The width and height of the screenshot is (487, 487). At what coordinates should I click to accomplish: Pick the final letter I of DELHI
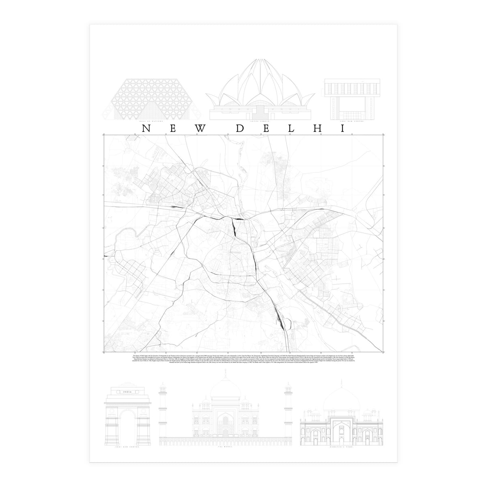click(x=342, y=128)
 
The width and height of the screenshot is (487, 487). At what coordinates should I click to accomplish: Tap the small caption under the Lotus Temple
click(x=260, y=121)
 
